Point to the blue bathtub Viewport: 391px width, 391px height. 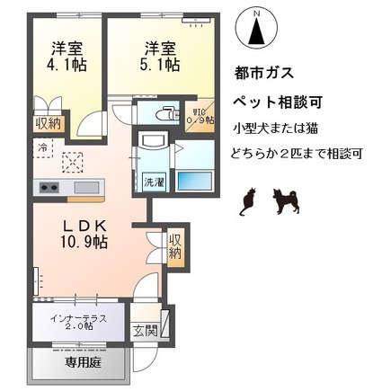point(193,178)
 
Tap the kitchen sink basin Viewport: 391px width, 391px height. point(87,187)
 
